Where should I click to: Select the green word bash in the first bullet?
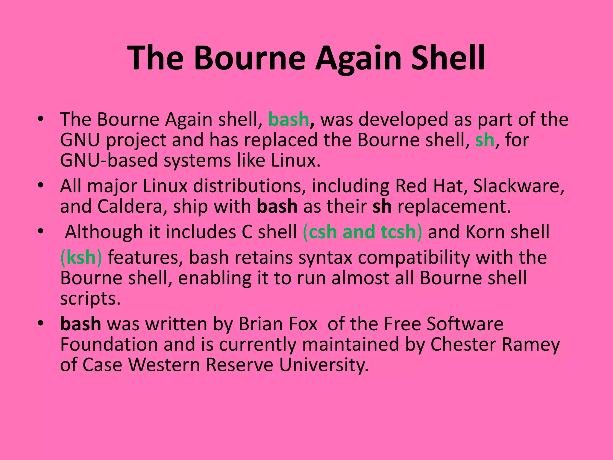pos(289,119)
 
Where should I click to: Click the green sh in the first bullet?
pos(484,140)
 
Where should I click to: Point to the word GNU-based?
pos(109,160)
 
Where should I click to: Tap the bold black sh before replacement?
pos(382,206)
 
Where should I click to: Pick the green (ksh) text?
pos(81,258)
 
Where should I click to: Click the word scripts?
pos(90,298)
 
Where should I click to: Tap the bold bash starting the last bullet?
pos(81,324)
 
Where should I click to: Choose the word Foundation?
pos(109,344)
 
